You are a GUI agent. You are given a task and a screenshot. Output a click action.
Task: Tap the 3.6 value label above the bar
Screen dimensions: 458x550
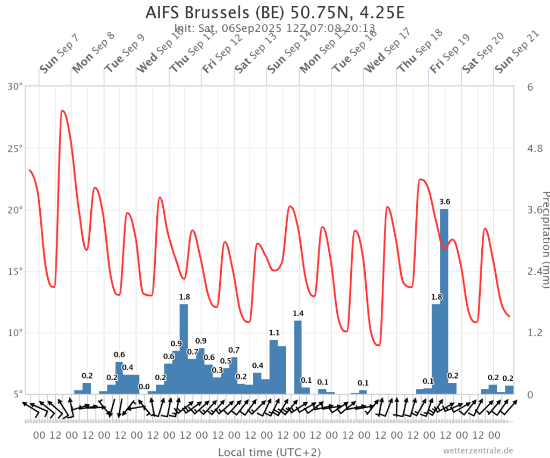[444, 202]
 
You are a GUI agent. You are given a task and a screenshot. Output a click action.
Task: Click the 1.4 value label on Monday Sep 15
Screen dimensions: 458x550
[298, 314]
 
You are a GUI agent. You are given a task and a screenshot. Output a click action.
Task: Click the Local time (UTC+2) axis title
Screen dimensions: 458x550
[269, 452]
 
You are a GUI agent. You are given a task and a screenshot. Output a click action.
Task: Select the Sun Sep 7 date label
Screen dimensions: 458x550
[59, 54]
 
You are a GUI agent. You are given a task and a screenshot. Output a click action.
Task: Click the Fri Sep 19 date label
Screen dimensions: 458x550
[450, 54]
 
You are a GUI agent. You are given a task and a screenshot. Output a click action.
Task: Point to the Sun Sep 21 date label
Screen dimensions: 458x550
[517, 54]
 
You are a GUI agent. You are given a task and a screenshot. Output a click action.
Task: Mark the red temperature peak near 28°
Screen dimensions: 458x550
[63, 111]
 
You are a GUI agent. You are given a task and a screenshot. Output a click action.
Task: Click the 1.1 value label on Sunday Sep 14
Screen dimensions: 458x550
[274, 333]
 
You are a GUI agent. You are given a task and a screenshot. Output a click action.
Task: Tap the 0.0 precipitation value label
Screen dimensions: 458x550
[144, 387]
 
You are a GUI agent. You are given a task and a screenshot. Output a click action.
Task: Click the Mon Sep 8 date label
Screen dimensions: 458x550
[93, 54]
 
